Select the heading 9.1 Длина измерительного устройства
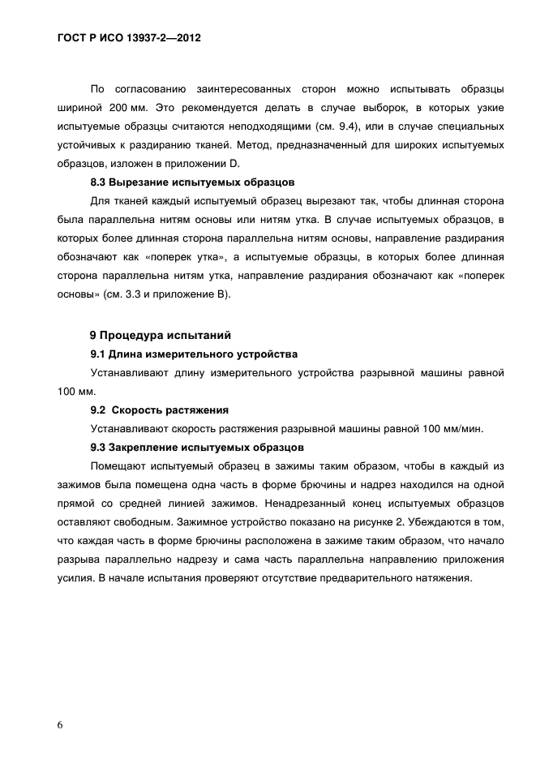click(x=194, y=354)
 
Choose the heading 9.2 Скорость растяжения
click(x=159, y=410)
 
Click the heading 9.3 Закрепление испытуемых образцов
click(x=196, y=448)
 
